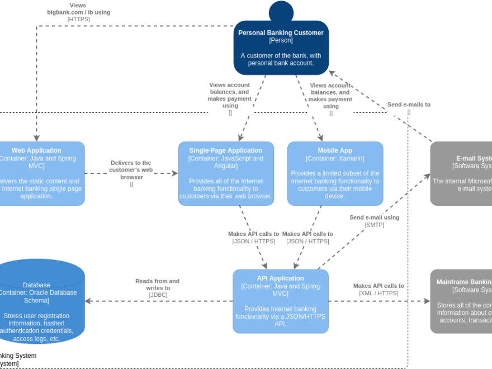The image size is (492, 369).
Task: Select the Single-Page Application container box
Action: click(226, 173)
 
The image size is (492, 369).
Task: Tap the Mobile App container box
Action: click(335, 173)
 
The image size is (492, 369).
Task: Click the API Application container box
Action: click(280, 301)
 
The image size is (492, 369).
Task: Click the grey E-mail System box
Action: click(461, 173)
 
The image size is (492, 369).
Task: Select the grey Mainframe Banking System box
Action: click(461, 301)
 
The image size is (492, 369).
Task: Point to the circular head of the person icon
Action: click(281, 11)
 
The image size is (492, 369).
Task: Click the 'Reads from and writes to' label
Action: click(157, 285)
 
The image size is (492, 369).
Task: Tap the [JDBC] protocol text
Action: click(158, 295)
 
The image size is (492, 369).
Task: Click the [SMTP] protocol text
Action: click(374, 225)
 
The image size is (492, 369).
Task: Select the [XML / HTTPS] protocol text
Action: click(379, 293)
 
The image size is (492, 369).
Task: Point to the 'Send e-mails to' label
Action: click(409, 105)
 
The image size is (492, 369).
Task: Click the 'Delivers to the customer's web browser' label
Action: click(131, 169)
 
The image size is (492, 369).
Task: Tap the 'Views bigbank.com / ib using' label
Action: click(78, 9)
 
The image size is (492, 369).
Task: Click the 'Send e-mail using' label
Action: click(374, 217)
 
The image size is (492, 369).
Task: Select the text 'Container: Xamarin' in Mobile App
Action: click(335, 158)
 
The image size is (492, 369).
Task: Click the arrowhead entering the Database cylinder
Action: click(88, 301)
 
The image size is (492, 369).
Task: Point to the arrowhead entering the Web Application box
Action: click(36, 138)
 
